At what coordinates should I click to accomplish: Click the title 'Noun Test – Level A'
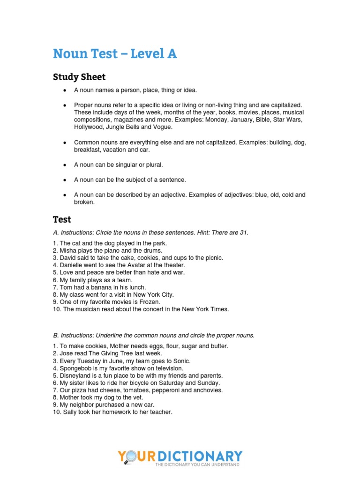pyautogui.click(x=115, y=54)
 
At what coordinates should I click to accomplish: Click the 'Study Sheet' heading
pyautogui.click(x=79, y=77)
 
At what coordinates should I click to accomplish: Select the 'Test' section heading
pyautogui.click(x=62, y=219)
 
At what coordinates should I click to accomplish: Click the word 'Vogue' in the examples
pyautogui.click(x=162, y=127)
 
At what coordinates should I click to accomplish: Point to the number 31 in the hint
pyautogui.click(x=243, y=232)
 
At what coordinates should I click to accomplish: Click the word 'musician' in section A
pyautogui.click(x=89, y=309)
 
